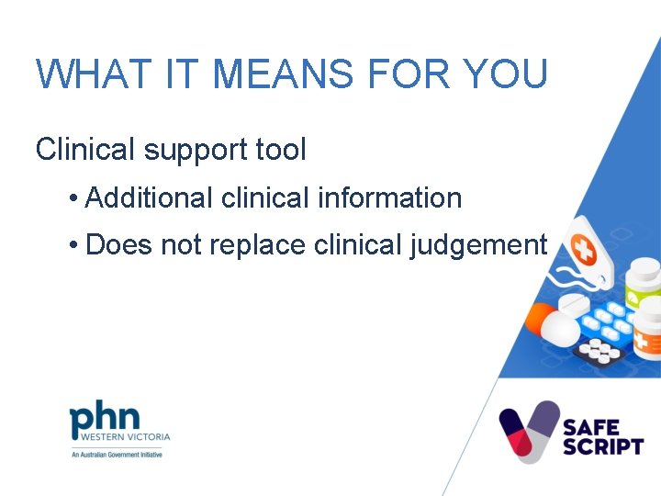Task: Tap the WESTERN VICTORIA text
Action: [x=120, y=439]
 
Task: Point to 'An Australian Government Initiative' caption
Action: [x=117, y=455]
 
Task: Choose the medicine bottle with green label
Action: [x=642, y=286]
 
